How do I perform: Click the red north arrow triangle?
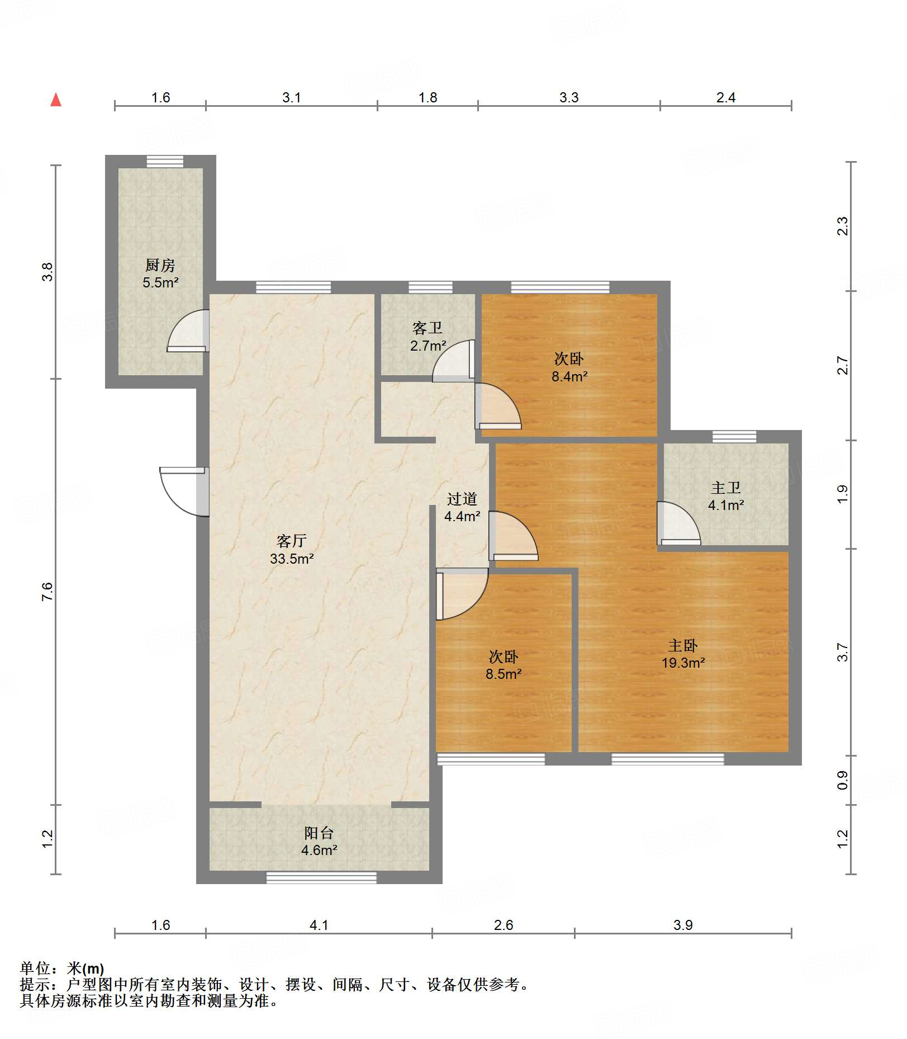point(56,100)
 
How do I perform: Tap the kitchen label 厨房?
point(160,265)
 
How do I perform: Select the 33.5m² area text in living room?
point(292,559)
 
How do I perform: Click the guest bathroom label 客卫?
point(428,328)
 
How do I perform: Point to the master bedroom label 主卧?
point(683,646)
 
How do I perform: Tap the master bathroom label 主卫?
point(726,488)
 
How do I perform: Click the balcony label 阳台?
point(319,833)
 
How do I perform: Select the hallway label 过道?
point(462,499)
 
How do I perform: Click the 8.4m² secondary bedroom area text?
point(569,376)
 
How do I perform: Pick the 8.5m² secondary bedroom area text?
point(504,674)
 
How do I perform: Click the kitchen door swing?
point(188,331)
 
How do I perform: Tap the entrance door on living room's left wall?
point(184,492)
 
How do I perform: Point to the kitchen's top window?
point(165,161)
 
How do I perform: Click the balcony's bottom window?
point(321,877)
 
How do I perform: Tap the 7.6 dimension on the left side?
point(48,592)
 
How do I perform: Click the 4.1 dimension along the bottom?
point(319,925)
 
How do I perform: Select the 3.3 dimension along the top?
point(569,98)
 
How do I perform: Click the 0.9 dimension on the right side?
point(843,781)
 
